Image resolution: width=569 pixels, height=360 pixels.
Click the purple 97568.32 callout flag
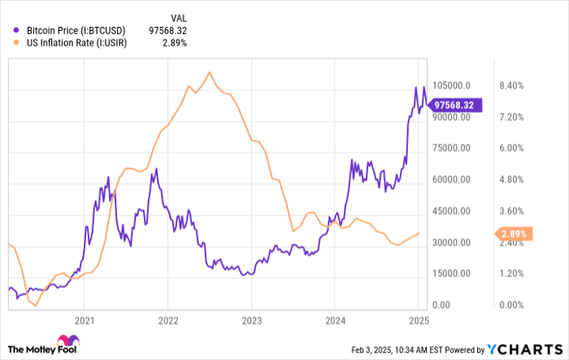click(x=458, y=104)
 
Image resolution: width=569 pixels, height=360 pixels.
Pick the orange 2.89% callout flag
click(x=513, y=234)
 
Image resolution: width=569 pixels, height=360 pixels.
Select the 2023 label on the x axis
click(x=251, y=321)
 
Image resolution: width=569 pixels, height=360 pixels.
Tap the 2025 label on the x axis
click(x=418, y=321)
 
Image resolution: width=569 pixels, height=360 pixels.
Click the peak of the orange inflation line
click(x=211, y=72)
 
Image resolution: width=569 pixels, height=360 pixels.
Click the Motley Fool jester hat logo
click(x=65, y=343)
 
